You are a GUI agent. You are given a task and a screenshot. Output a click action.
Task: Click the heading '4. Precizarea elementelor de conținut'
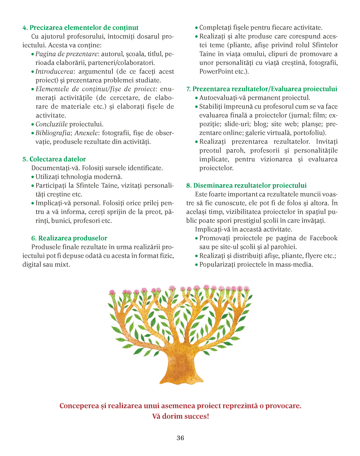coord(81,28)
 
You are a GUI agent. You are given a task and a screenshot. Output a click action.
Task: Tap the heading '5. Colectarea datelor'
coord(54,159)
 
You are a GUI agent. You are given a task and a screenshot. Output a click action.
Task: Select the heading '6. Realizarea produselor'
coord(69,238)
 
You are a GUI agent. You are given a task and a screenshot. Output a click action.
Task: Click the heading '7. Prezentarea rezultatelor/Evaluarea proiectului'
coord(262,89)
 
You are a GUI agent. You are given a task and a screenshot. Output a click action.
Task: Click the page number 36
coord(180,438)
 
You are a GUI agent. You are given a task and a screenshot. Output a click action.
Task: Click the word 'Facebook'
coord(323,238)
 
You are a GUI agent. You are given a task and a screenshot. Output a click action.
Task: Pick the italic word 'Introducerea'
coord(54,72)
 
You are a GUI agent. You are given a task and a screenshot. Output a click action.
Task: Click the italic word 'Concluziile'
coord(52,124)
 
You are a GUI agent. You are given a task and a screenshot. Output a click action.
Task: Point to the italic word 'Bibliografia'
coord(53,133)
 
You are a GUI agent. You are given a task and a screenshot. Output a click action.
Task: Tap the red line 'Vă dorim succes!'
coord(180,416)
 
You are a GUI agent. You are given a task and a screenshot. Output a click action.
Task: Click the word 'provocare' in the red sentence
coord(283,406)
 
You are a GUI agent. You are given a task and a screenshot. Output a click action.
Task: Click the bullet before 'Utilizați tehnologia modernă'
coord(33,177)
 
